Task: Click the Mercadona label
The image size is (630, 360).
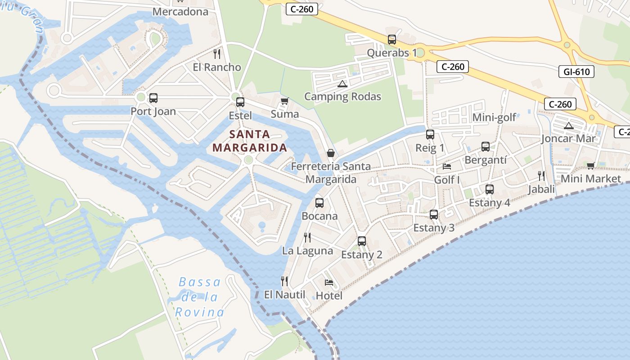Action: (x=180, y=12)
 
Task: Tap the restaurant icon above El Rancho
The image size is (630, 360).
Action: (x=217, y=54)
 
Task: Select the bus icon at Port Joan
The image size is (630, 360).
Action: (x=153, y=98)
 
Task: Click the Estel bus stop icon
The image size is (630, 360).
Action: (x=240, y=102)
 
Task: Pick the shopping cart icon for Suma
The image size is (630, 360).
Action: (x=284, y=101)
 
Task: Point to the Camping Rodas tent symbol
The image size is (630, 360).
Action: (x=342, y=84)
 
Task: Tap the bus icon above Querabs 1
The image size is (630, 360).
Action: (x=392, y=40)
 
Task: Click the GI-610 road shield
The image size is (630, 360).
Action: (x=576, y=72)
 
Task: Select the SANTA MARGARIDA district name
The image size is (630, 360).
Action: (x=250, y=141)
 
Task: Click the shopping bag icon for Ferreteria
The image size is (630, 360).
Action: (x=330, y=153)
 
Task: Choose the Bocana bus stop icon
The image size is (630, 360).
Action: (x=319, y=203)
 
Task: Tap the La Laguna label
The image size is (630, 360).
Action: (x=308, y=251)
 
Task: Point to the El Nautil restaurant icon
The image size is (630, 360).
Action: (x=284, y=281)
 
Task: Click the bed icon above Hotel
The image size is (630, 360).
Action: (x=329, y=283)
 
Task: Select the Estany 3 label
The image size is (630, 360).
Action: (x=434, y=228)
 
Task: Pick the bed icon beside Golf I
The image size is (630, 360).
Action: (x=447, y=166)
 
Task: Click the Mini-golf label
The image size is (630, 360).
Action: (x=494, y=118)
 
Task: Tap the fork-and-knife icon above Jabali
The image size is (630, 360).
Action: (x=541, y=175)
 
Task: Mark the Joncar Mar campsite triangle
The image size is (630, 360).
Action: (x=568, y=126)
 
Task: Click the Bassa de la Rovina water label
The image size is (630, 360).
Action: (x=200, y=297)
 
